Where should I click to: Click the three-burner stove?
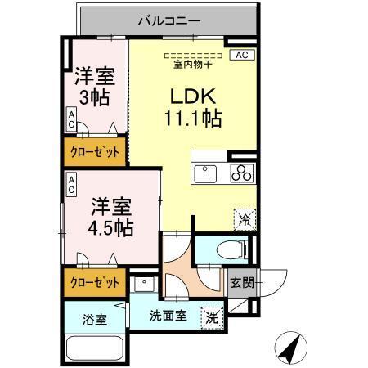tap(242, 173)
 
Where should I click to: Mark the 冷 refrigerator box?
tap(243, 218)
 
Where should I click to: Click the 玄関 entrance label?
tap(241, 284)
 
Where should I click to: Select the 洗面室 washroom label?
tap(167, 316)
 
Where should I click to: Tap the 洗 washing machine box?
tap(212, 316)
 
